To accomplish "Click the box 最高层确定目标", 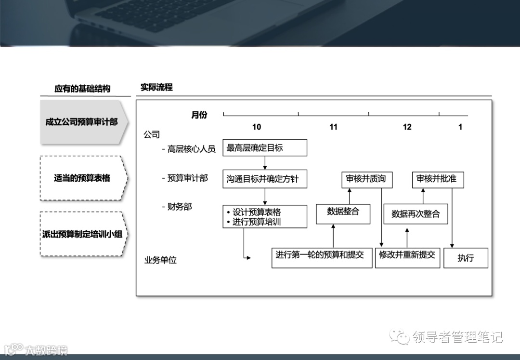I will pyautogui.click(x=265, y=148).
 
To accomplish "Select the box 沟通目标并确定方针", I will pyautogui.click(x=265, y=179).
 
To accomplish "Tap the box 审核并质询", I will pyautogui.click(x=366, y=179).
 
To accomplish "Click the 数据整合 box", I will pyautogui.click(x=343, y=213).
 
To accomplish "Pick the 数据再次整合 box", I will pyautogui.click(x=416, y=214).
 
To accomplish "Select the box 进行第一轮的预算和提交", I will pyautogui.click(x=322, y=258).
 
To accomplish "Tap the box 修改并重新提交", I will pyautogui.click(x=407, y=258).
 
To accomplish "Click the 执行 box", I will pyautogui.click(x=466, y=258).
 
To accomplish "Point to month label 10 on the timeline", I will pyautogui.click(x=257, y=127).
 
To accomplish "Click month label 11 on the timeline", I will pyautogui.click(x=333, y=127).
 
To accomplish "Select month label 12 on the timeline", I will pyautogui.click(x=407, y=127).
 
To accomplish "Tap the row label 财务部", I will pyautogui.click(x=179, y=207).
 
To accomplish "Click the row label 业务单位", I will pyautogui.click(x=161, y=260).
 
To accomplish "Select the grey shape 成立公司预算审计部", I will pyautogui.click(x=83, y=122).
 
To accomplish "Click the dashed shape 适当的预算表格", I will pyautogui.click(x=83, y=178).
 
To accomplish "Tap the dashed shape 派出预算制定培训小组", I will pyautogui.click(x=83, y=234).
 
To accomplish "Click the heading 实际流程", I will pyautogui.click(x=156, y=88).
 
